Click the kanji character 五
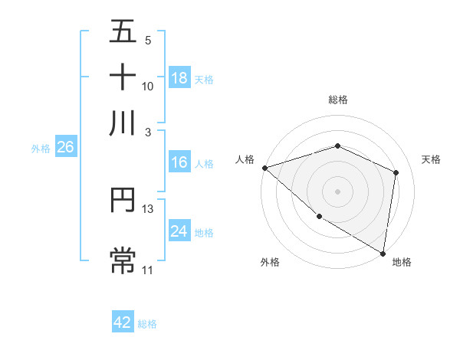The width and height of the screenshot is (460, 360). click(x=123, y=32)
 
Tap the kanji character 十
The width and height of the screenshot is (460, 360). click(x=123, y=77)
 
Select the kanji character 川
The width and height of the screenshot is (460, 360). click(x=123, y=123)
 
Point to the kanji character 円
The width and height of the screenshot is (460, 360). click(x=123, y=201)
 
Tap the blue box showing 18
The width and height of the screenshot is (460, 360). click(x=179, y=78)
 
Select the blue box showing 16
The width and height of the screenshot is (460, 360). click(x=179, y=162)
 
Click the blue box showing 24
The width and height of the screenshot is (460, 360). click(x=179, y=231)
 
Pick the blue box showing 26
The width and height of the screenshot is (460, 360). click(x=65, y=148)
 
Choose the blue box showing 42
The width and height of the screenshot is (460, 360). click(x=123, y=322)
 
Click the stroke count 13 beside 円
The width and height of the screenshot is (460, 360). click(x=148, y=208)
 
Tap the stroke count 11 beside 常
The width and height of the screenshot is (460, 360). click(x=148, y=270)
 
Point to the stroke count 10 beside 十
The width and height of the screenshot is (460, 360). click(x=148, y=86)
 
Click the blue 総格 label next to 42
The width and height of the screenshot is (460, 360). click(x=147, y=324)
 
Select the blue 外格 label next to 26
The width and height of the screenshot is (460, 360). click(x=41, y=149)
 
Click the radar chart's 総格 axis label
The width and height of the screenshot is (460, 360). click(x=337, y=100)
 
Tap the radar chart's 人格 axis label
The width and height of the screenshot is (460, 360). click(x=245, y=159)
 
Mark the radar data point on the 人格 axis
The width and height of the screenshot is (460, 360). click(x=264, y=168)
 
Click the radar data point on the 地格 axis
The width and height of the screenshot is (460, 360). click(x=382, y=253)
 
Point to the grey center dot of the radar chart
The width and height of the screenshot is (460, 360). click(x=337, y=191)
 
